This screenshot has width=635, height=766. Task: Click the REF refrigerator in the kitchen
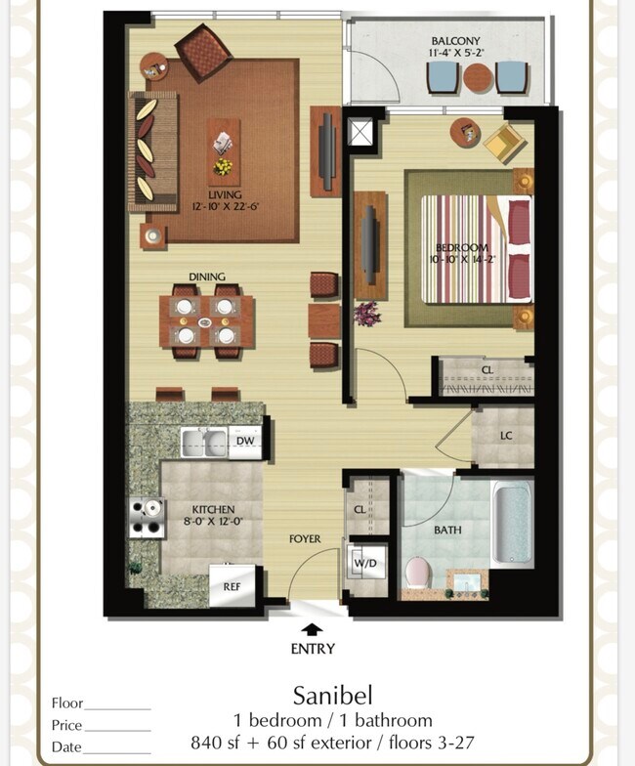pyautogui.click(x=233, y=585)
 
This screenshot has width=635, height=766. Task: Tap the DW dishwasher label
pyautogui.click(x=245, y=441)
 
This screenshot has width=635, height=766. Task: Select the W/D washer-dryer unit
pyautogui.click(x=365, y=563)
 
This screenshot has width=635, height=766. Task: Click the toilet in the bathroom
pyautogui.click(x=417, y=574)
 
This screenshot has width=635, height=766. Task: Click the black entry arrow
pyautogui.click(x=311, y=629)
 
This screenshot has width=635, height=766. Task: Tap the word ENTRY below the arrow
pyautogui.click(x=313, y=649)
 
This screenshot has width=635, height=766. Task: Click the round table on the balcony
pyautogui.click(x=479, y=78)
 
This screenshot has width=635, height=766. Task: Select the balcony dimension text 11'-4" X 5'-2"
pyautogui.click(x=455, y=53)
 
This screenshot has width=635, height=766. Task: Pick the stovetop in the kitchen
pyautogui.click(x=147, y=518)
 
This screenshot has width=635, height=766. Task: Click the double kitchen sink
pyautogui.click(x=204, y=443)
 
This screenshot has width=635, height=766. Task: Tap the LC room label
pyautogui.click(x=506, y=436)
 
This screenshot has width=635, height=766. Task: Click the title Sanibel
pyautogui.click(x=332, y=696)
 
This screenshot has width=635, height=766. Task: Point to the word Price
pyautogui.click(x=66, y=725)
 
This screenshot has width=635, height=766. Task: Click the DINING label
pyautogui.click(x=207, y=277)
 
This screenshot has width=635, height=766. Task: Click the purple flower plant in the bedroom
pyautogui.click(x=367, y=314)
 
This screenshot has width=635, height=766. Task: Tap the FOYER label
pyautogui.click(x=305, y=539)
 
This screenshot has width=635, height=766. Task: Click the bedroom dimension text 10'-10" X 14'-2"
pyautogui.click(x=462, y=259)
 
